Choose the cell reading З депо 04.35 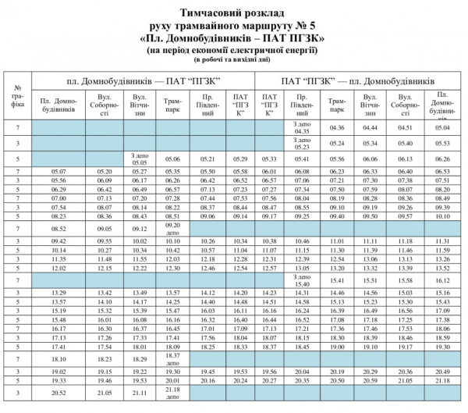[302, 127]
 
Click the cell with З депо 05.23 [302, 143]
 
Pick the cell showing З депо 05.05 [140, 158]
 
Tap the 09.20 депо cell [173, 227]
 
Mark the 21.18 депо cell [173, 393]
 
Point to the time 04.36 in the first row [338, 127]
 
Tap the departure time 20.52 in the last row [59, 393]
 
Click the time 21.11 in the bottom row [140, 393]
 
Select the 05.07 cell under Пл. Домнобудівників [59, 171]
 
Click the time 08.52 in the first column [59, 227]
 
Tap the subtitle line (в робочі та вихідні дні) [232, 59]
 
